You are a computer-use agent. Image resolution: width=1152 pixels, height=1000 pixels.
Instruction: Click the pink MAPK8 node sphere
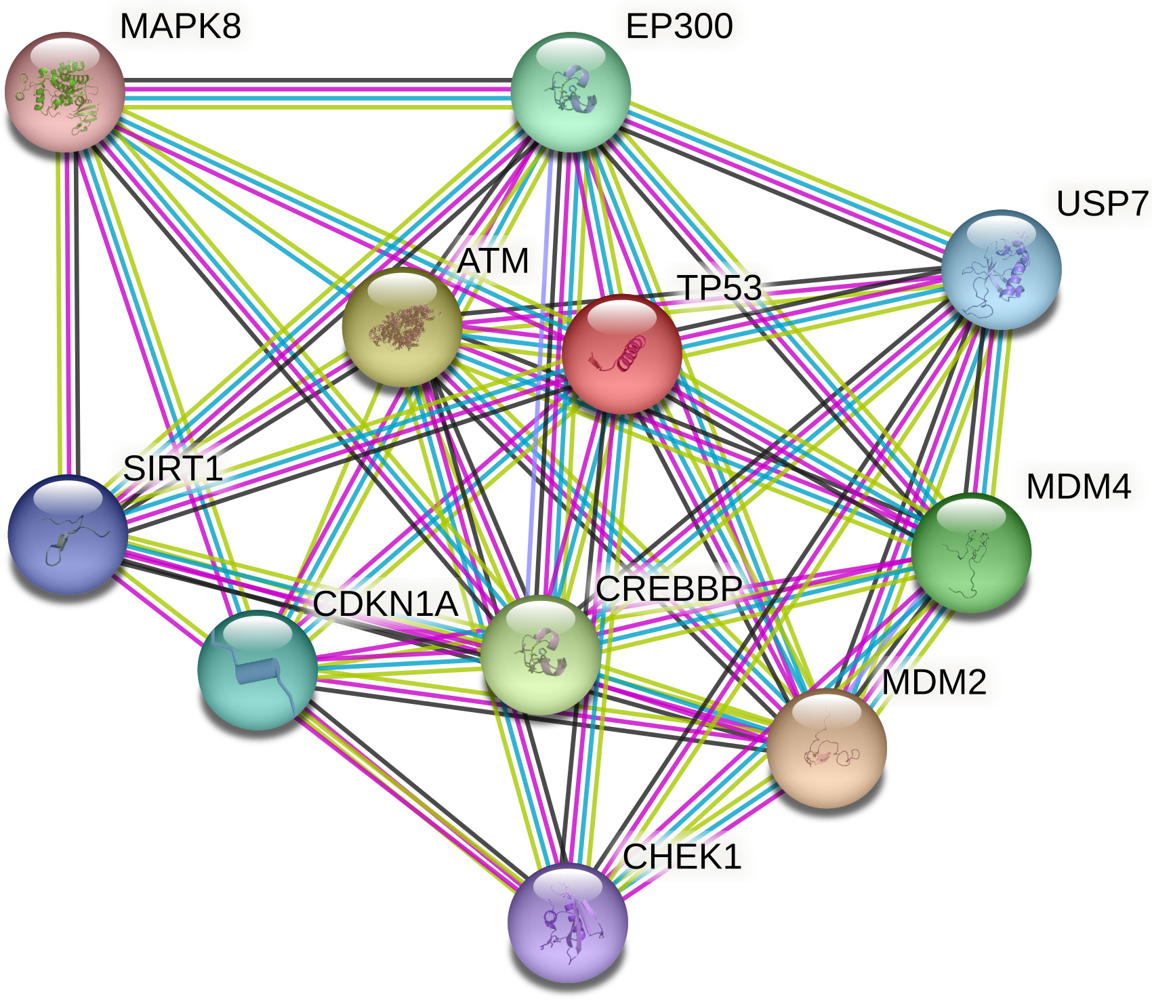coord(65,91)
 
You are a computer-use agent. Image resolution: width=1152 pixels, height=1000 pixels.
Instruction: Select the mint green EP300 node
coord(571,91)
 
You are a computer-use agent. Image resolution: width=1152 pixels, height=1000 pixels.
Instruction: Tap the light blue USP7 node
coord(1001,269)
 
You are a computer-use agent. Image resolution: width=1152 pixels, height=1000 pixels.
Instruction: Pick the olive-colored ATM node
coord(402,327)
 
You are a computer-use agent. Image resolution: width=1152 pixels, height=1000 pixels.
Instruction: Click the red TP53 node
coord(621,354)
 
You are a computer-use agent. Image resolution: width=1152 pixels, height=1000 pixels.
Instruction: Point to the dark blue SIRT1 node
coord(68,534)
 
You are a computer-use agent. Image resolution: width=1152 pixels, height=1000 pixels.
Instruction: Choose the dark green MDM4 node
coord(971,552)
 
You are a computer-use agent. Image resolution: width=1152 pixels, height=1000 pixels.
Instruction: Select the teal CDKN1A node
coord(258,669)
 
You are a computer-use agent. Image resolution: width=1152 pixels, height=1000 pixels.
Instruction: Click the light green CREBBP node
coord(540,655)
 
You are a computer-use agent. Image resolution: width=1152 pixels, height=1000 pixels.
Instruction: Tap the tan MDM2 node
coord(826,748)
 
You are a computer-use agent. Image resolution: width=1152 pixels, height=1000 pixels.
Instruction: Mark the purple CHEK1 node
coord(567,923)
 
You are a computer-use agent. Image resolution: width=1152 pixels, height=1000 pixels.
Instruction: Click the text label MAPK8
coord(180,26)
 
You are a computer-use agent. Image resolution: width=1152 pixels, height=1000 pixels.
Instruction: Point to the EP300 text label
coord(679,26)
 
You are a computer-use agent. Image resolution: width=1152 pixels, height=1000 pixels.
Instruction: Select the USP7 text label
coord(1103,203)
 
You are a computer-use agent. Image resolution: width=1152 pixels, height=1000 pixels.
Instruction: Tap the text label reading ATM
coord(493,261)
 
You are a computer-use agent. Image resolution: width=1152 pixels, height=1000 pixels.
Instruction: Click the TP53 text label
coord(720,287)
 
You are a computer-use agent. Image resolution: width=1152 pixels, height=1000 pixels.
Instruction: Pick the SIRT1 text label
coord(173,468)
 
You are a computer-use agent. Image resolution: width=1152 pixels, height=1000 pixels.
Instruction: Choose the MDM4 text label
coord(1078,486)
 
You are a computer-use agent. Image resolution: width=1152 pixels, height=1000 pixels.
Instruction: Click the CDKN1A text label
coord(386,604)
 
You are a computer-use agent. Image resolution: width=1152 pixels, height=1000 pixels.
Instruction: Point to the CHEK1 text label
coord(682,857)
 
